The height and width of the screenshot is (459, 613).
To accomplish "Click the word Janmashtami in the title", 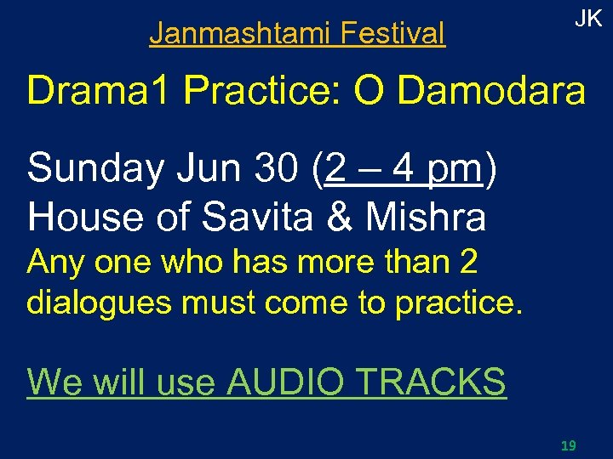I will click(x=241, y=34).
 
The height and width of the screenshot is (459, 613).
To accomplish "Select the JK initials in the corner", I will click(x=588, y=20).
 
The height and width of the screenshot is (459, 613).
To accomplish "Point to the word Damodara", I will click(x=492, y=92).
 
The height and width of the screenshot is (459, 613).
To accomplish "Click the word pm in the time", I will click(x=454, y=170).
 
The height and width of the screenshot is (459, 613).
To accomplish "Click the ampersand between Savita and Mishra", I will click(x=340, y=217).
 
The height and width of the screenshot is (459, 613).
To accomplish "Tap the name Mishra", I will click(x=425, y=217).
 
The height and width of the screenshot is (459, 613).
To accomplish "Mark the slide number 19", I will click(x=569, y=445).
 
